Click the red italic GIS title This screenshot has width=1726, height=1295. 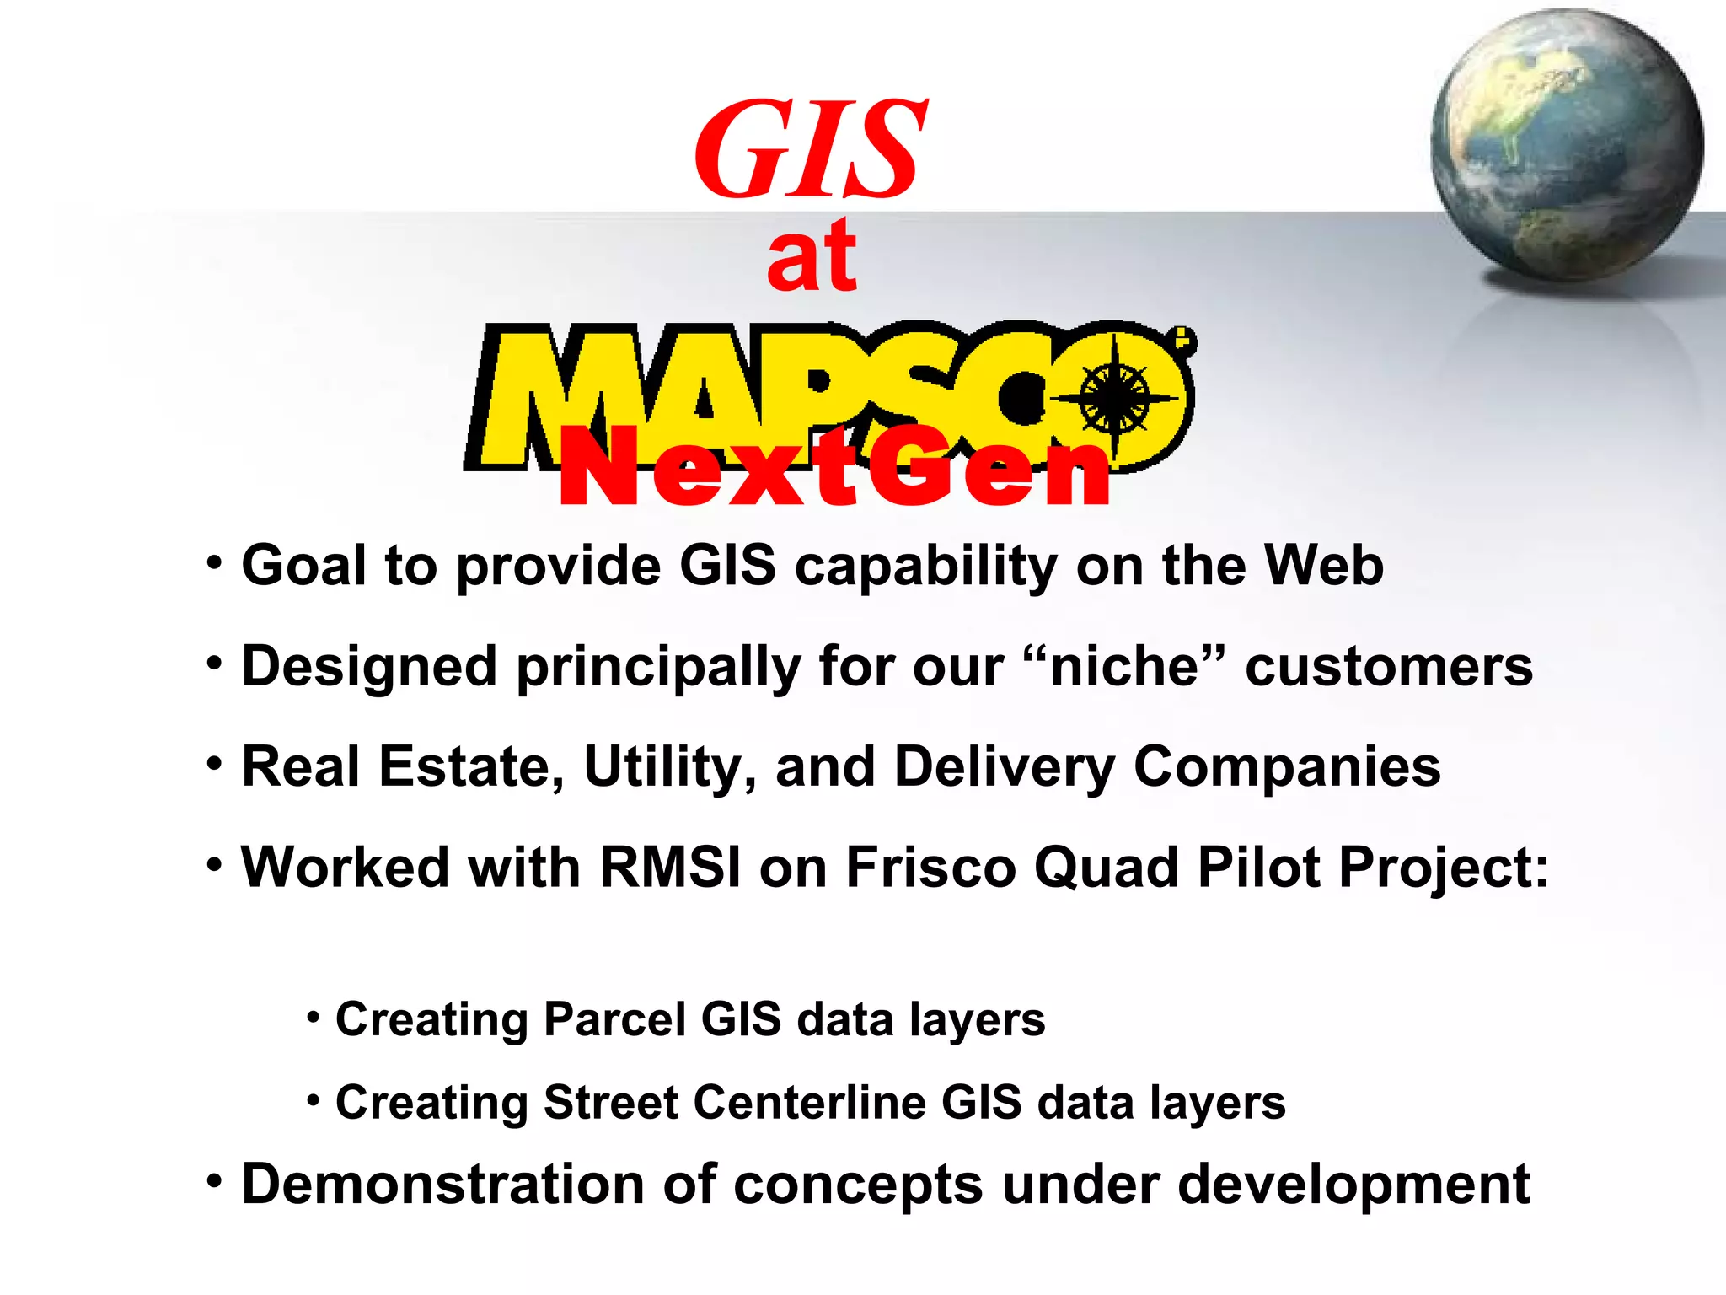point(811,149)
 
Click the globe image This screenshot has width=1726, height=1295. point(1567,145)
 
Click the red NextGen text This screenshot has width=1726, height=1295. point(834,467)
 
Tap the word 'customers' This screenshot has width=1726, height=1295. point(1389,667)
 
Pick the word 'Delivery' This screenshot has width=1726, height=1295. point(1004,767)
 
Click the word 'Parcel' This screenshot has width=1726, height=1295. point(614,1019)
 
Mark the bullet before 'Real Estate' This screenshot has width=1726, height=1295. point(215,764)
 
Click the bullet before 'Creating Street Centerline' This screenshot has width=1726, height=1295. point(313,1099)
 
